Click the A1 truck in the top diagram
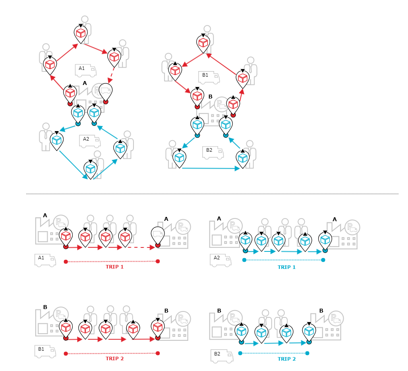[x=86, y=70]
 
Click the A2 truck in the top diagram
[x=90, y=141]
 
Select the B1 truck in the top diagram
[x=209, y=77]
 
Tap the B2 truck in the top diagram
[x=213, y=153]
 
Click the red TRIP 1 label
[x=114, y=267]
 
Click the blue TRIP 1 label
[x=286, y=267]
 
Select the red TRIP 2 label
[x=114, y=358]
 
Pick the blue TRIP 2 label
[x=286, y=359]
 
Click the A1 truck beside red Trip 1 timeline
[x=45, y=260]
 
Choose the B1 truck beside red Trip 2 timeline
[x=45, y=351]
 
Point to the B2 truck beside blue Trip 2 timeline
[x=221, y=356]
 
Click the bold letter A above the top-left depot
[x=84, y=83]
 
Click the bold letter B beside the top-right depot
[x=211, y=97]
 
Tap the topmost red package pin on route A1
[x=81, y=33]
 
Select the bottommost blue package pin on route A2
[x=91, y=169]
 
